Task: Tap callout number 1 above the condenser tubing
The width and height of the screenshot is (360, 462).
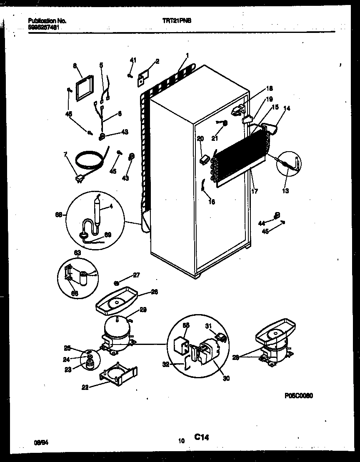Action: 187,55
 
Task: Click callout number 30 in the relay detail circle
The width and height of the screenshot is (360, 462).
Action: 226,378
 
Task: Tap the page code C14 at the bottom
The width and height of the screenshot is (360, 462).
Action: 201,437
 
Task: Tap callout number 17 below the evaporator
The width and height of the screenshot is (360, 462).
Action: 255,191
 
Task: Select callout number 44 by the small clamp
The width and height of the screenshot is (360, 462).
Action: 262,223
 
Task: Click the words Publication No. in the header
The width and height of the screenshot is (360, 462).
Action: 47,20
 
